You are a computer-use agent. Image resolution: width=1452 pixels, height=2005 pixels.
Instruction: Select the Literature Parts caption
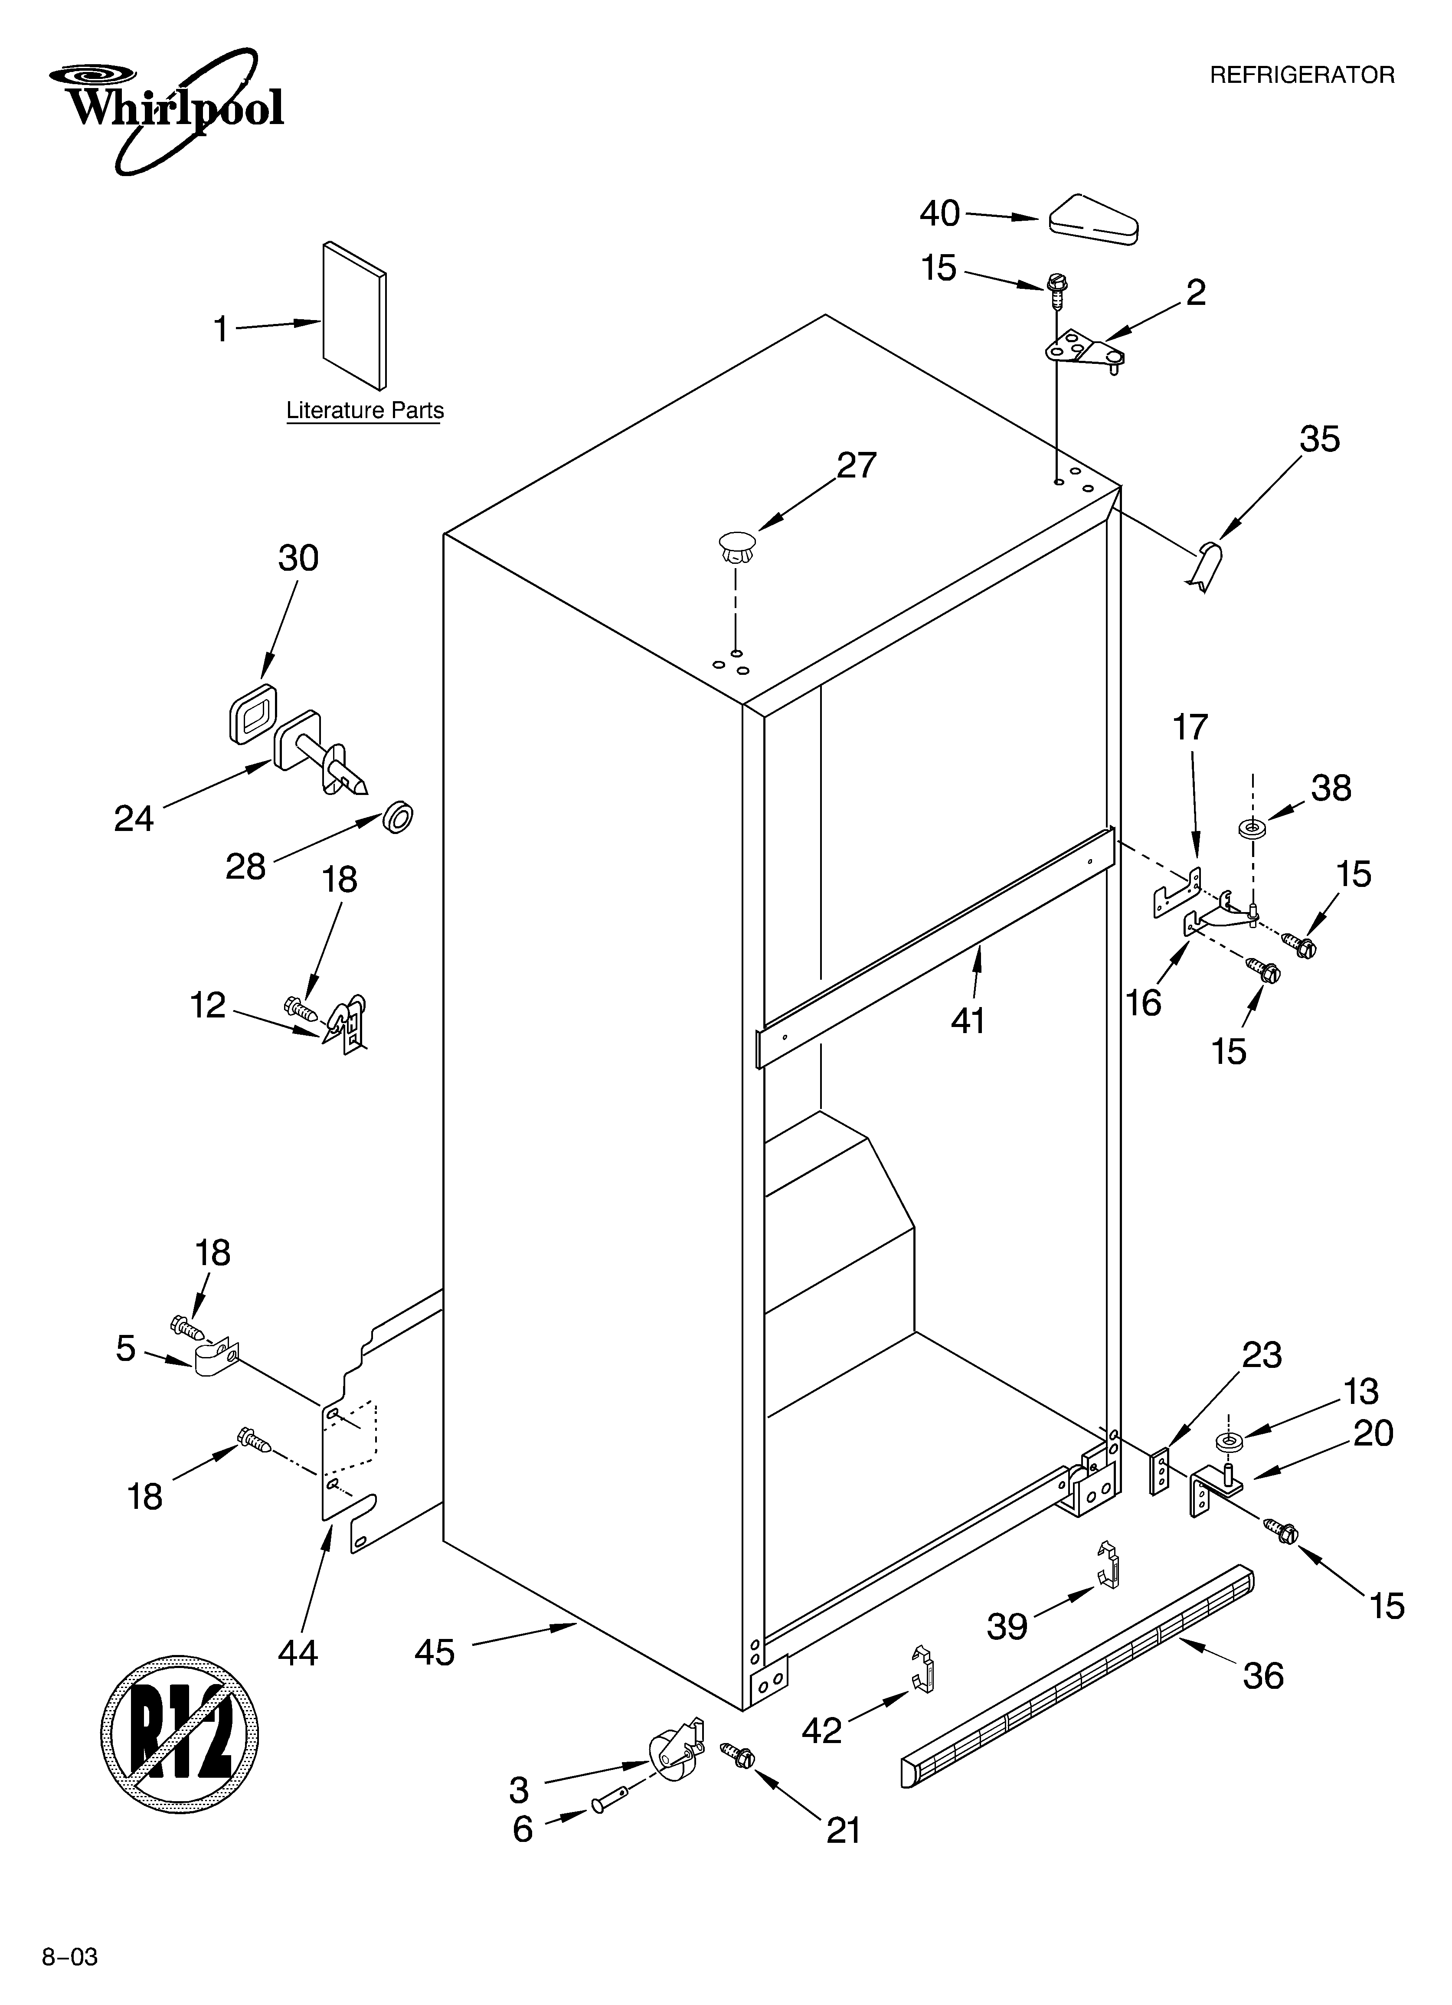pos(364,411)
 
